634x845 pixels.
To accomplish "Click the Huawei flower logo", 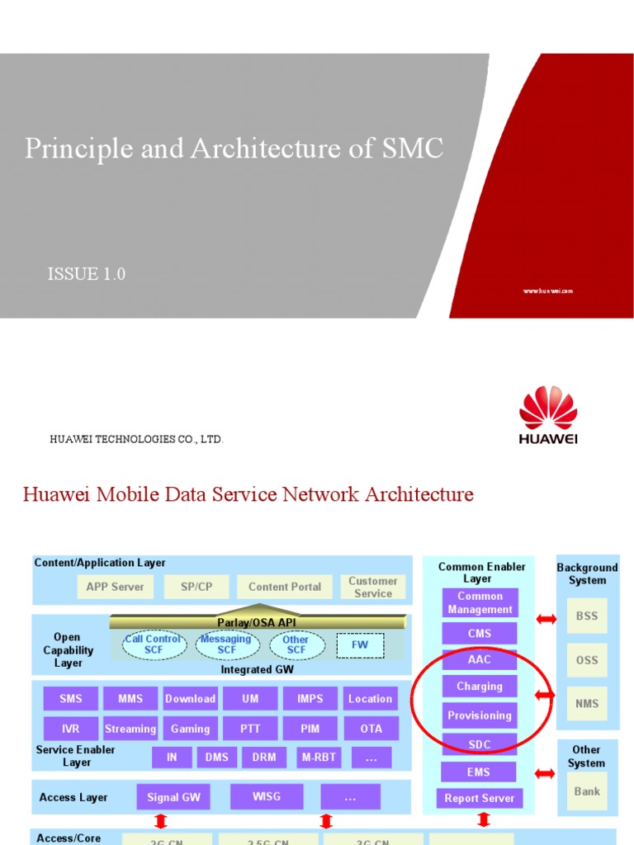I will click(548, 408).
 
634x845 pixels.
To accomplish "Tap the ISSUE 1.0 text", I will click(87, 274).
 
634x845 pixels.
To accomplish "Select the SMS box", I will click(71, 698).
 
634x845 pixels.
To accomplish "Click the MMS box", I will click(130, 698).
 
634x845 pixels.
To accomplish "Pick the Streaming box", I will click(130, 729).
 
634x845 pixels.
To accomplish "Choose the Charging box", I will click(480, 686).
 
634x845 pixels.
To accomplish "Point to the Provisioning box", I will click(480, 715).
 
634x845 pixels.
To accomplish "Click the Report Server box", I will click(480, 798).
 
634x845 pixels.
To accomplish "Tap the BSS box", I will click(587, 616).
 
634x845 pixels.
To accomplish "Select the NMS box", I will click(587, 704).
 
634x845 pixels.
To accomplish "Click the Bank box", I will click(587, 791).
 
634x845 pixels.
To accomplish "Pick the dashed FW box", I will click(360, 644).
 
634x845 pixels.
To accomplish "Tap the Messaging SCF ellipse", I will click(226, 644).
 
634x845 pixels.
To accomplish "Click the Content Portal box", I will click(285, 587).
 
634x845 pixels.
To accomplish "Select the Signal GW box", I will click(173, 797).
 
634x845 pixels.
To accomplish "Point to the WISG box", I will click(267, 796).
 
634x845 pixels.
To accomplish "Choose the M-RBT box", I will click(318, 758).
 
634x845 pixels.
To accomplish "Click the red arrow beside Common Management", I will click(546, 618).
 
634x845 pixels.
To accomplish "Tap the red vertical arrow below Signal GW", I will click(161, 821).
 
